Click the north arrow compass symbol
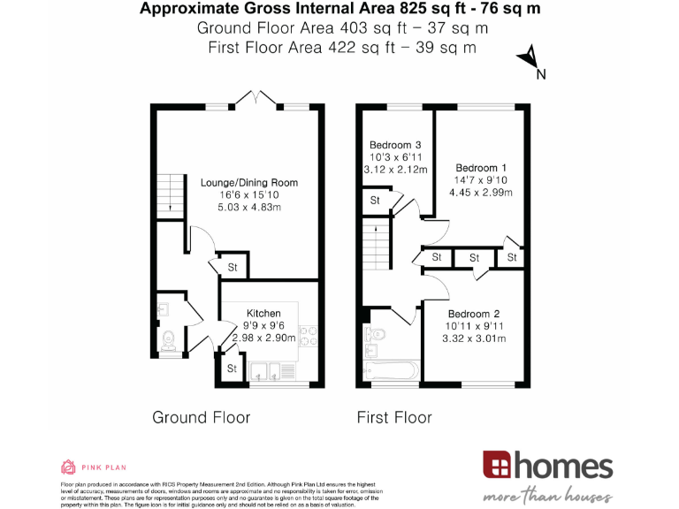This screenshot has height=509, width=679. pyautogui.click(x=529, y=59)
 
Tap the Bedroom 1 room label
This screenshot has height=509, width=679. pyautogui.click(x=480, y=168)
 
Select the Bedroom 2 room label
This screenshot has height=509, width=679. pyautogui.click(x=473, y=314)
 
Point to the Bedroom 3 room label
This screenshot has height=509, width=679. pyautogui.click(x=394, y=145)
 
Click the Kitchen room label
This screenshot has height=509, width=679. pyautogui.click(x=263, y=313)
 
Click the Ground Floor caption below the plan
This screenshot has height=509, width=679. pyautogui.click(x=201, y=417)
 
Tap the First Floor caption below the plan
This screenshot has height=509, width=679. pyautogui.click(x=393, y=417)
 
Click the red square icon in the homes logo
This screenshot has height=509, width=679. pyautogui.click(x=495, y=465)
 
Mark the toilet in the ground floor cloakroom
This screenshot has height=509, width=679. pyautogui.click(x=168, y=338)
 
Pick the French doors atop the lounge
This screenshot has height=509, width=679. pyautogui.click(x=253, y=100)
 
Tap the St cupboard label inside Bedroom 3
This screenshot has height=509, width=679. pyautogui.click(x=375, y=201)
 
